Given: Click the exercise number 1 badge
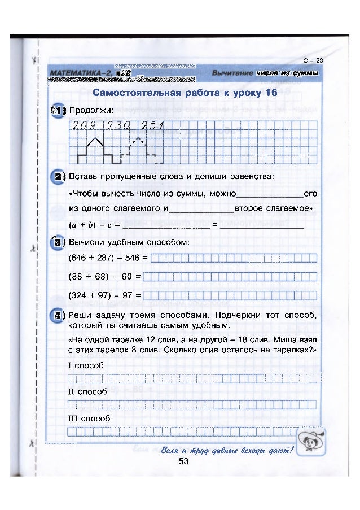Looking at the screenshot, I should tap(58, 110).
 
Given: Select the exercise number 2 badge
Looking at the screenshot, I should tap(58, 176).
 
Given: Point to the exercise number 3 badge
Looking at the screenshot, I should tap(58, 243).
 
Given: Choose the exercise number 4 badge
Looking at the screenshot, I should tap(58, 315).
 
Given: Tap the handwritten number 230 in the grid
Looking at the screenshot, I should tap(117, 125).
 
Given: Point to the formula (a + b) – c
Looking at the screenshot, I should tap(90, 225).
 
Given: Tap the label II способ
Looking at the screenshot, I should tap(87, 391).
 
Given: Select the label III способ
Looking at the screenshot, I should tap(89, 419).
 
